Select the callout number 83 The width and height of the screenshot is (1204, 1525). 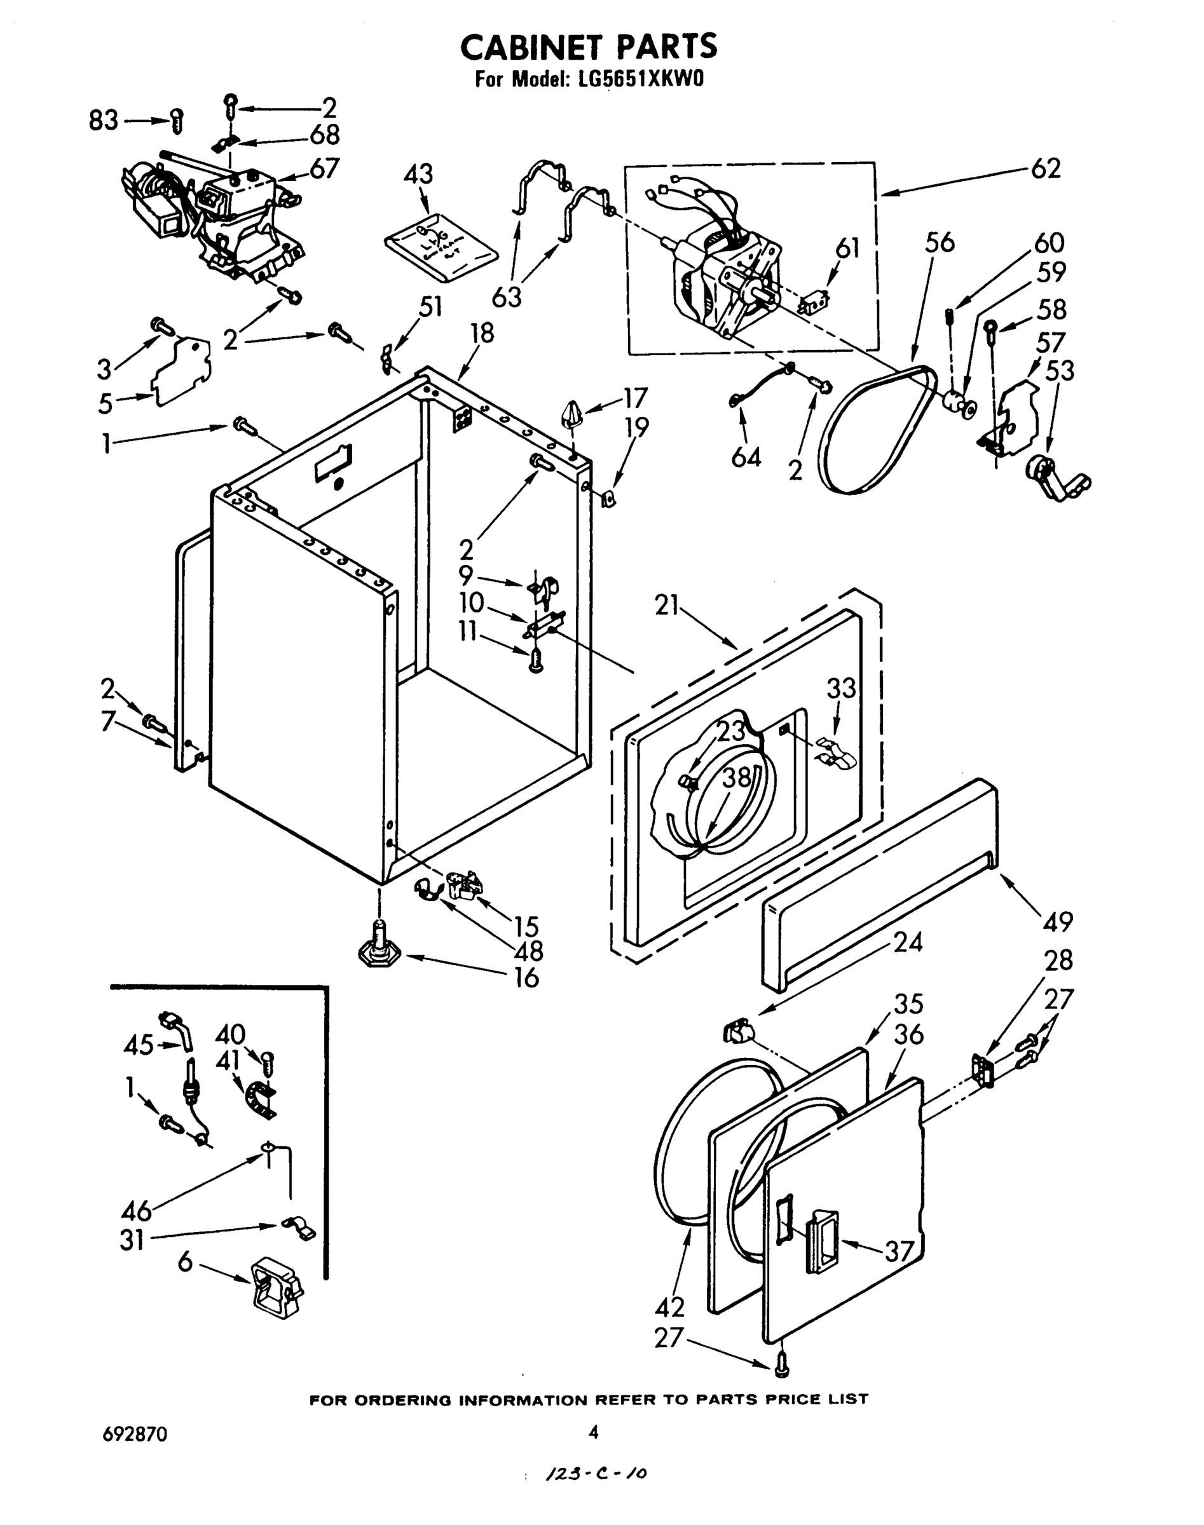[103, 121]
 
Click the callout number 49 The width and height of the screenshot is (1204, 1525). [1057, 921]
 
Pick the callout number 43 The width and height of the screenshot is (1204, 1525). [418, 174]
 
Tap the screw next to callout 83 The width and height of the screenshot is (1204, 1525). [177, 122]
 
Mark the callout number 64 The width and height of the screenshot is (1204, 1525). [746, 457]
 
